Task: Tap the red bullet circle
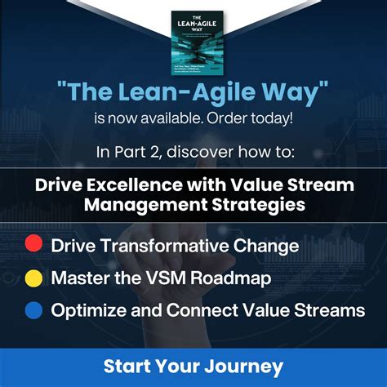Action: coord(33,243)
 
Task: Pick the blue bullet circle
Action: coord(33,310)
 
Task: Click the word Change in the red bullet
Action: coord(264,244)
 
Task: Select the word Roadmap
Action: coord(233,278)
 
